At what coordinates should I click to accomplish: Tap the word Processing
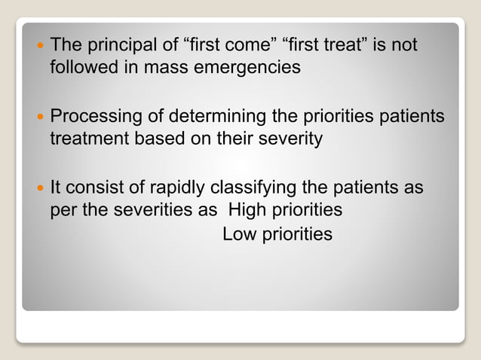point(94,118)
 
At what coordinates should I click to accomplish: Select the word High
point(237,209)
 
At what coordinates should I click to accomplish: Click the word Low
point(239,234)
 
